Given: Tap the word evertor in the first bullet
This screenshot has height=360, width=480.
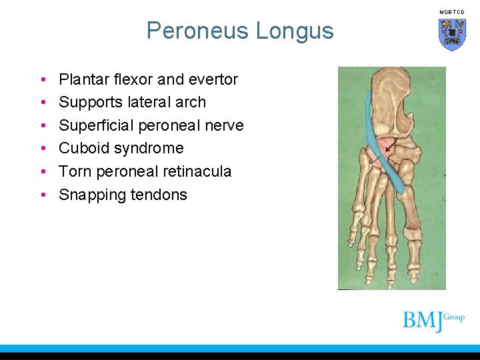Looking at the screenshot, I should (213, 79).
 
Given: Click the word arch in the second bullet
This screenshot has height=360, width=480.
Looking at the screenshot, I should (191, 102).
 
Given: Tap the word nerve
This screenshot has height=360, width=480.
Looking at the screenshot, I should (223, 125).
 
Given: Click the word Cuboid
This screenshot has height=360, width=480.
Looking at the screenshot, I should (83, 148).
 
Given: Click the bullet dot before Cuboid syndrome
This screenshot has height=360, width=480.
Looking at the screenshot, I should (42, 149).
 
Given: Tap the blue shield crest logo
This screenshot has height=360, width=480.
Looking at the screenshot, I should (451, 34).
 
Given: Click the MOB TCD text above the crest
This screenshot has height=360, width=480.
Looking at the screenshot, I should (451, 12).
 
